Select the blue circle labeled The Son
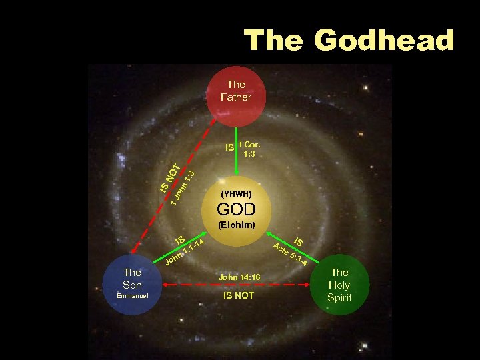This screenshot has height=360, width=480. tap(132, 285)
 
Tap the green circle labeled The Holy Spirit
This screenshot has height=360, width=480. tap(339, 285)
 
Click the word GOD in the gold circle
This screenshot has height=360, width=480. tap(237, 209)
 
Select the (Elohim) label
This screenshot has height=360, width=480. tap(237, 225)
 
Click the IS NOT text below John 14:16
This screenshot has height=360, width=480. tap(238, 295)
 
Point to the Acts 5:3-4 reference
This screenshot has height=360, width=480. tap(291, 255)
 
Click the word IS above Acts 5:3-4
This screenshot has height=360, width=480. tap(299, 242)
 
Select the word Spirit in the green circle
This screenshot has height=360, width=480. tap(339, 297)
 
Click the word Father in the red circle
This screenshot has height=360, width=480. tap(236, 97)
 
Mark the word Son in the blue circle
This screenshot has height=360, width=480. tap(132, 285)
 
